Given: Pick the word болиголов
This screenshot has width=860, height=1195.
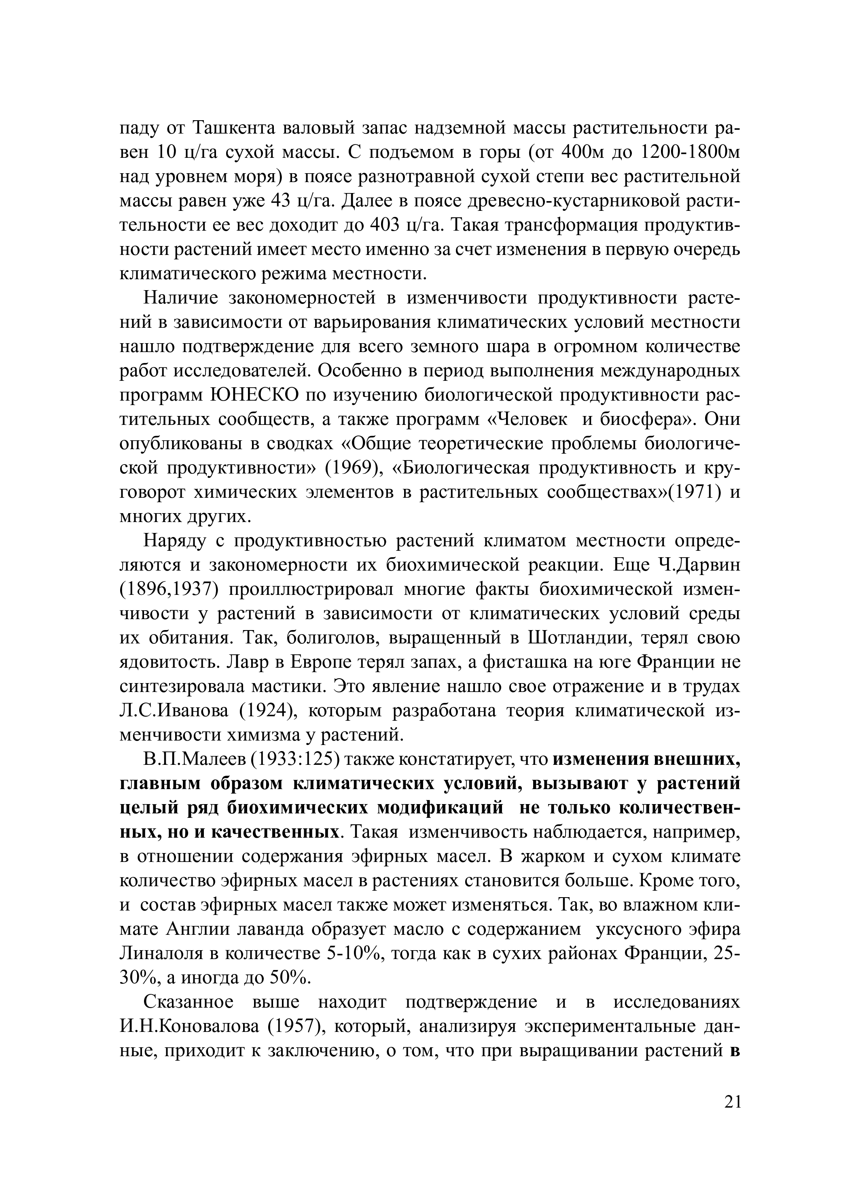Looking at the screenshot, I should (x=332, y=638).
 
